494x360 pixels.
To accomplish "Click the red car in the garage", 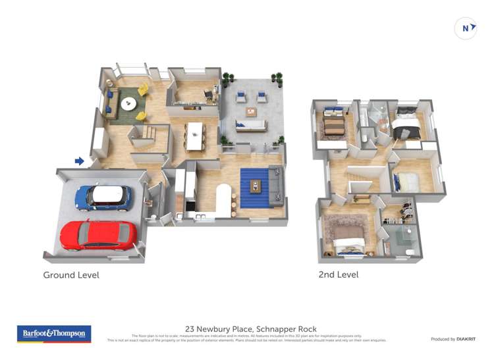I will click(99, 235).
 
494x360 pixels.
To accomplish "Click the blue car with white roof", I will click(103, 197).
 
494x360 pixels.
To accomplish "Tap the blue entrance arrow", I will click(80, 161).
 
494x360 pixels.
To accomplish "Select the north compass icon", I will click(466, 28).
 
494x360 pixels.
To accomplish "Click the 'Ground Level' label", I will click(71, 274).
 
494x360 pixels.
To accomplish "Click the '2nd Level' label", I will click(338, 274).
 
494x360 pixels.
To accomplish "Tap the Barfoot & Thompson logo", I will click(54, 334).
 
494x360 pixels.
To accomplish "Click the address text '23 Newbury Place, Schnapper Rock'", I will click(250, 328).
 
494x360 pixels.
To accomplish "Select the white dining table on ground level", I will click(195, 136).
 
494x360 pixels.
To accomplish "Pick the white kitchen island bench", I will click(225, 197).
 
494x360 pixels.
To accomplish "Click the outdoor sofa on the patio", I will click(250, 126).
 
